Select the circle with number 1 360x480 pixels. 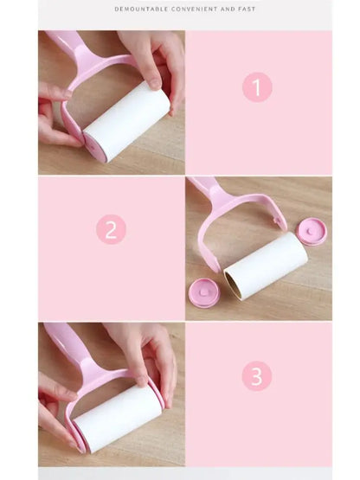(x=257, y=87)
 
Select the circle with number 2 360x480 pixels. (x=111, y=229)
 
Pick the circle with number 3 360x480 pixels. (x=257, y=375)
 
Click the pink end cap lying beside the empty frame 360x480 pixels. (x=311, y=231)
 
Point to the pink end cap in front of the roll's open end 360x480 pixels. (x=205, y=293)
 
